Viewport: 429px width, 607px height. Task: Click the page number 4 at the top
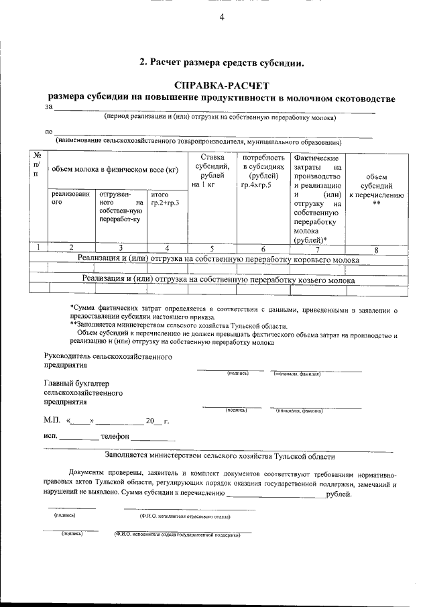(x=221, y=18)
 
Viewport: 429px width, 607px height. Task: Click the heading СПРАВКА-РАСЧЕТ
(x=221, y=86)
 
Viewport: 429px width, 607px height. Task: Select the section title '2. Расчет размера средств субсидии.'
(x=221, y=63)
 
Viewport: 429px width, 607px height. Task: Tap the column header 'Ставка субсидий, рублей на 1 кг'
(x=212, y=170)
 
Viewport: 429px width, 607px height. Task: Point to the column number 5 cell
(x=212, y=249)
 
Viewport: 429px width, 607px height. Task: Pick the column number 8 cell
(x=376, y=250)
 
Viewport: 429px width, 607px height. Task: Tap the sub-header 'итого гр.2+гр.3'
(x=165, y=199)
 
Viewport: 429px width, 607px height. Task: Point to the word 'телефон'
(x=115, y=436)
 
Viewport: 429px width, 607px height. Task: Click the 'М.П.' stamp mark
(x=51, y=421)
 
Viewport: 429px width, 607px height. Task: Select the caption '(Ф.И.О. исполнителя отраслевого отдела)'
(x=185, y=517)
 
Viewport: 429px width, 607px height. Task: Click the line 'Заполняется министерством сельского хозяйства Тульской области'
(x=219, y=456)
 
